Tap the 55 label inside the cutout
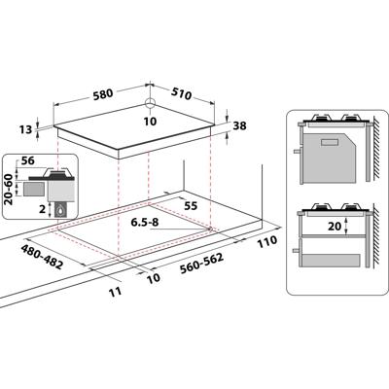pyautogui.click(x=191, y=207)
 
